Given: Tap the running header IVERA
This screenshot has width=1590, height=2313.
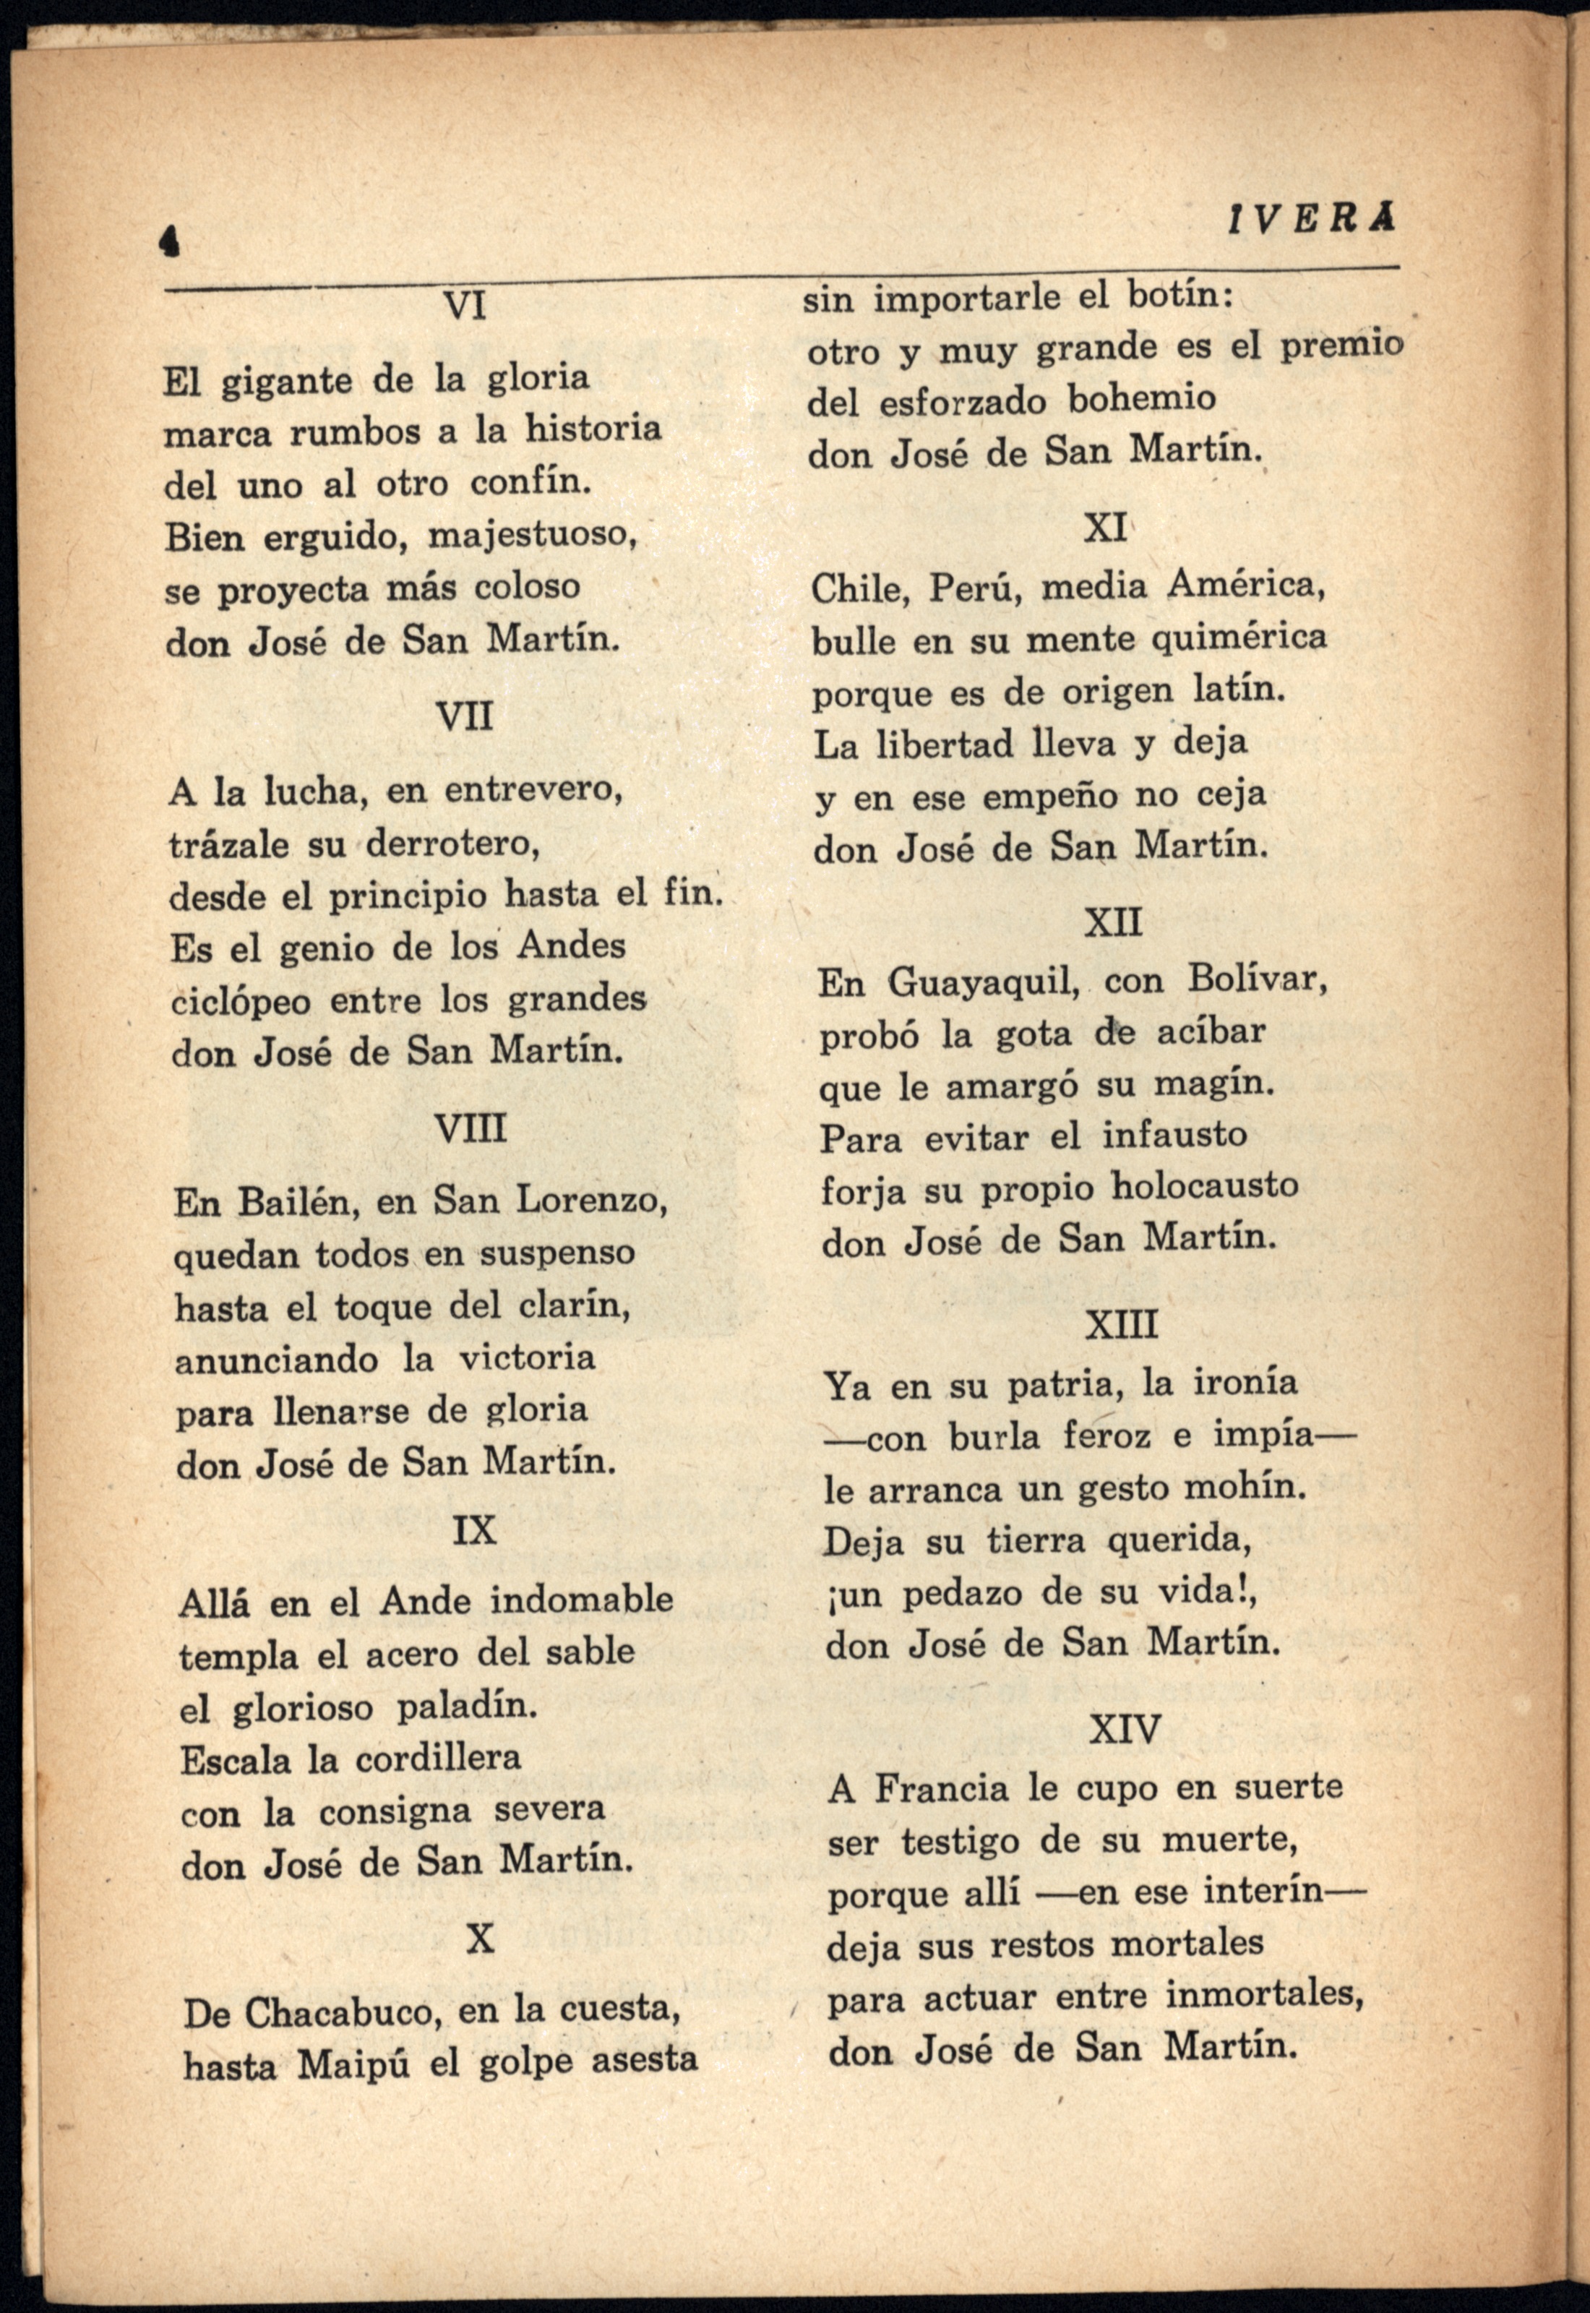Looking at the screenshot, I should pos(1311,217).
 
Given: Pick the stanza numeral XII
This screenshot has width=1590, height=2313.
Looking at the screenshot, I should pos(1113,922).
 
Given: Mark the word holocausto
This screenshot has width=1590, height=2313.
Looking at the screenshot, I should pos(1205,1185).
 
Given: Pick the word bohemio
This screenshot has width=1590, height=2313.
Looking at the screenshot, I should pos(1142,400).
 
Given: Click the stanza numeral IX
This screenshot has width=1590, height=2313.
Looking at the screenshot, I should pos(473,1529).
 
